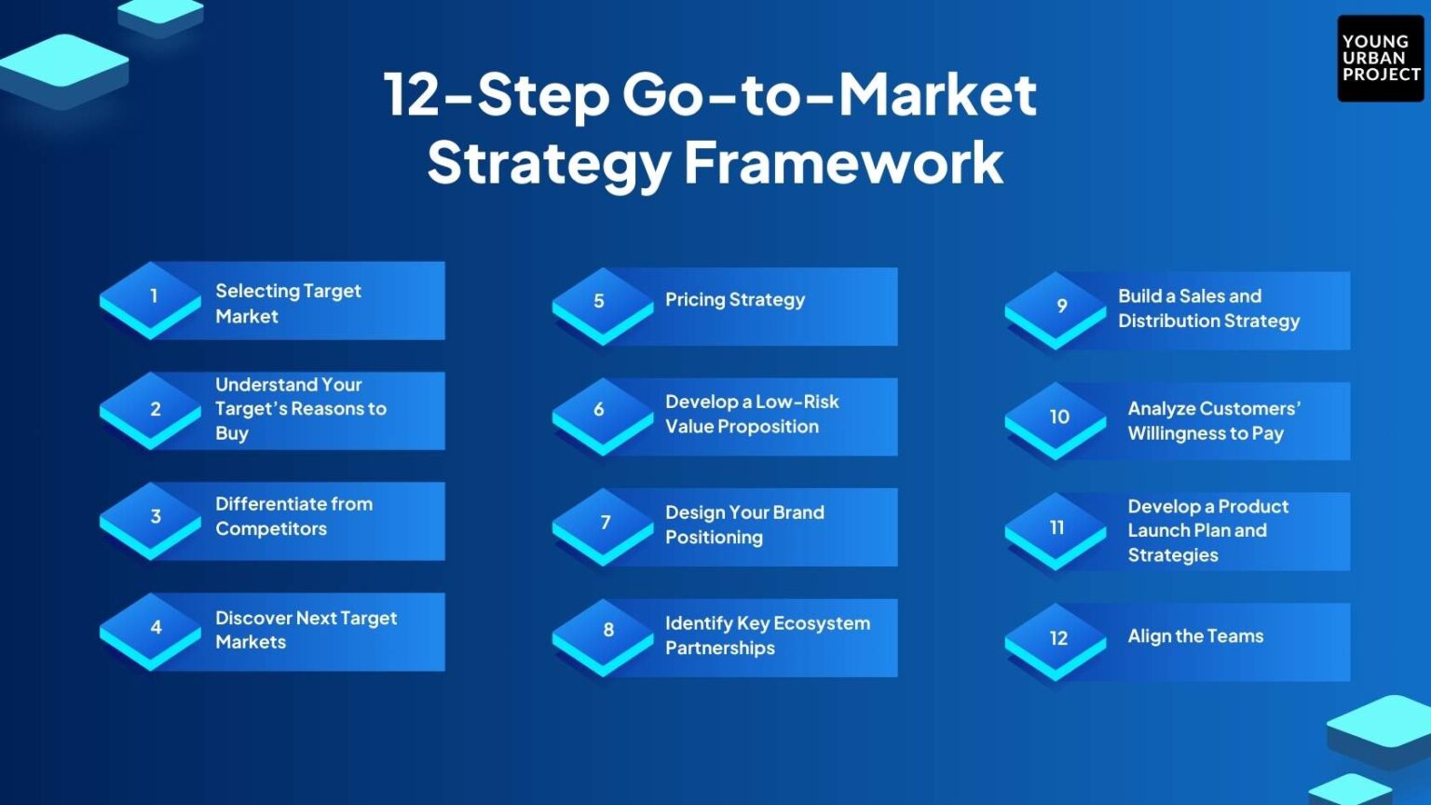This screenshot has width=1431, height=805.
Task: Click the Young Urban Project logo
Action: click(x=1380, y=58)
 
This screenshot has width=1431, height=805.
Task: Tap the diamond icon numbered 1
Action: click(x=151, y=297)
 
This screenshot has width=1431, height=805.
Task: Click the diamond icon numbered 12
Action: click(x=1056, y=639)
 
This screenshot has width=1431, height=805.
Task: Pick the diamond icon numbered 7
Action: click(x=603, y=524)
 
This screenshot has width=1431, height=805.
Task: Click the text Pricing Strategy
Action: click(x=734, y=300)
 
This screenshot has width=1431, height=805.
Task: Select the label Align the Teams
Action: click(x=1195, y=636)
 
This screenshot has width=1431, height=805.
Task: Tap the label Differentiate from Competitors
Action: click(x=293, y=516)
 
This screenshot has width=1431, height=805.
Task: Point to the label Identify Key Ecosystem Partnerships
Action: click(x=767, y=635)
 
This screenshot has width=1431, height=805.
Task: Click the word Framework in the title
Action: click(x=843, y=163)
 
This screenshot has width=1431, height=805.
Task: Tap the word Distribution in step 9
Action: click(x=1168, y=321)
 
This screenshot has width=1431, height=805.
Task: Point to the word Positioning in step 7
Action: click(x=714, y=538)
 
